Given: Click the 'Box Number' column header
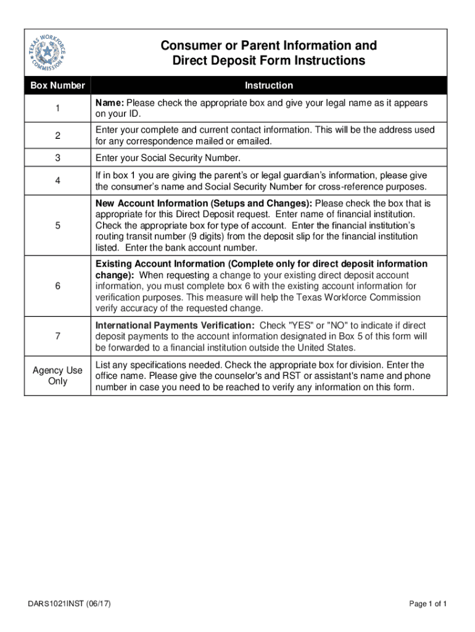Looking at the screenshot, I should pyautogui.click(x=57, y=85).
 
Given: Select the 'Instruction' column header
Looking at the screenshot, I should pyautogui.click(x=268, y=85).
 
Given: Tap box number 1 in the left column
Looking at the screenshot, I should pyautogui.click(x=57, y=109).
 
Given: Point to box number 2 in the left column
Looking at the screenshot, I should pyautogui.click(x=57, y=136).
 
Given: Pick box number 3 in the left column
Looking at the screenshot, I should pyautogui.click(x=57, y=158).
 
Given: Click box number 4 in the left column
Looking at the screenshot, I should pyautogui.click(x=57, y=181).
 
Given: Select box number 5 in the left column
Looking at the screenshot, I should pyautogui.click(x=57, y=225).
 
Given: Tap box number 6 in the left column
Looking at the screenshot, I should pyautogui.click(x=57, y=286).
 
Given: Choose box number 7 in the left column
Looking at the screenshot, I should pyautogui.click(x=57, y=336).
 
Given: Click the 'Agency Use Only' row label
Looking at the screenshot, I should pyautogui.click(x=57, y=376).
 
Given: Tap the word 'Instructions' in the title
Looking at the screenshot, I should pyautogui.click(x=328, y=60).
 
